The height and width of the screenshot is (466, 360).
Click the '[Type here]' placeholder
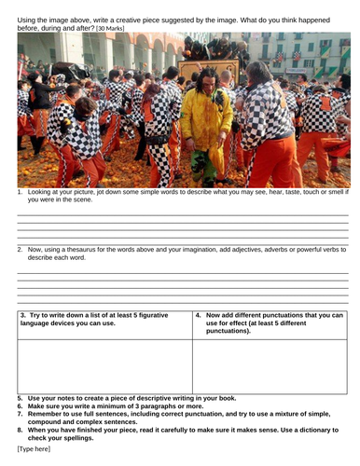35,449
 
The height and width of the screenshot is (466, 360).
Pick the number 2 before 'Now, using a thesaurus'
20,249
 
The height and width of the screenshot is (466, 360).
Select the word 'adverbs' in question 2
264,249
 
